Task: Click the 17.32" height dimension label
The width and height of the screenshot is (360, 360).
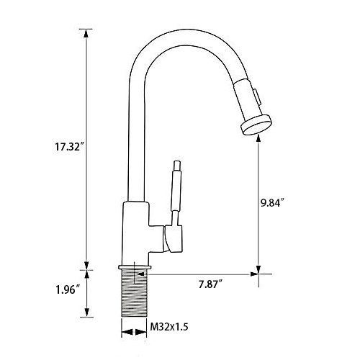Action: click(67, 146)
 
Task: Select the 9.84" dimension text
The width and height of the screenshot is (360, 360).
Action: click(273, 203)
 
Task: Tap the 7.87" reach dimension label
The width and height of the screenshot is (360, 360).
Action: click(210, 284)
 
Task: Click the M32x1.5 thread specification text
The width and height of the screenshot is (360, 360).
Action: click(169, 326)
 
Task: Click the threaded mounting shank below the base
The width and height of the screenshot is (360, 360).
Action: click(134, 293)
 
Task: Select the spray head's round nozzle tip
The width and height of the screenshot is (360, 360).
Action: click(256, 125)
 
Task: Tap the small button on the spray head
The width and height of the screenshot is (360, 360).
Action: click(256, 96)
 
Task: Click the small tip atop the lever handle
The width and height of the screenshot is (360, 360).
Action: click(177, 166)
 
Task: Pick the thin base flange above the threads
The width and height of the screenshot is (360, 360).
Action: click(135, 267)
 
